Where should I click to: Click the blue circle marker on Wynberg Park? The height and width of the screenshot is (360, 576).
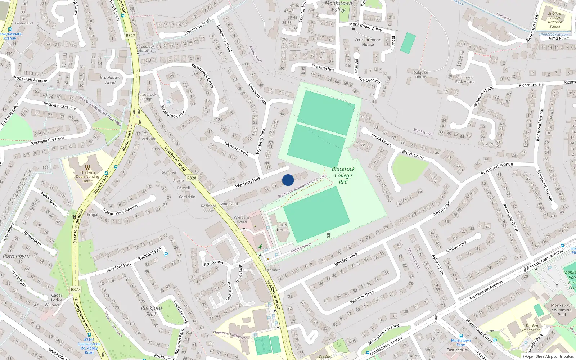(x=288, y=180)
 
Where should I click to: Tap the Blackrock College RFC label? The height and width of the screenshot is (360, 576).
(x=343, y=175)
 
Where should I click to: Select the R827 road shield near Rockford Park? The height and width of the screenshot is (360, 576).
(x=76, y=289)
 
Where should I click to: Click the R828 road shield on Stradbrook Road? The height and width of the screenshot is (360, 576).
(x=192, y=178)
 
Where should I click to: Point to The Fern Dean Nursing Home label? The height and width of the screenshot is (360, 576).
(x=87, y=176)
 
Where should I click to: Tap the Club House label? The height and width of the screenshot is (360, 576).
(x=283, y=228)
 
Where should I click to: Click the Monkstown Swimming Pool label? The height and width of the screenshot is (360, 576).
(x=562, y=310)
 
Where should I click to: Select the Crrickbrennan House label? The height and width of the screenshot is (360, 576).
(x=368, y=42)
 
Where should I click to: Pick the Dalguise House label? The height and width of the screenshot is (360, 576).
(x=420, y=75)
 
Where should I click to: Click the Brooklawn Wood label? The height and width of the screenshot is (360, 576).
(x=110, y=80)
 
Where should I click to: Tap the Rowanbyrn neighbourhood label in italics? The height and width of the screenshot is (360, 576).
(x=16, y=256)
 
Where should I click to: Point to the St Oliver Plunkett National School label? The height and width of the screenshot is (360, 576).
(x=555, y=20)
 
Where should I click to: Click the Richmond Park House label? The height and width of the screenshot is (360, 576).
(x=465, y=79)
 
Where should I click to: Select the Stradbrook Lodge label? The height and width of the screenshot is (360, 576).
(x=147, y=97)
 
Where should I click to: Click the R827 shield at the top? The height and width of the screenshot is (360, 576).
(x=131, y=35)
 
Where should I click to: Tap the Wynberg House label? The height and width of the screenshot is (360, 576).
(x=241, y=219)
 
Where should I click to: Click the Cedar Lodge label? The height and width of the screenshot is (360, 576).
(x=57, y=298)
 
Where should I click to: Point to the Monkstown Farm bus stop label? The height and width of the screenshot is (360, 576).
(x=461, y=342)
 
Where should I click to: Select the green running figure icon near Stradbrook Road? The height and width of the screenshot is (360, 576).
(x=260, y=247)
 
